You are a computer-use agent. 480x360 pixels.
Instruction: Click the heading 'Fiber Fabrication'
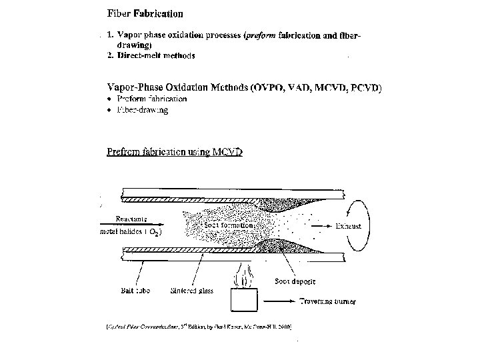(x=145, y=13)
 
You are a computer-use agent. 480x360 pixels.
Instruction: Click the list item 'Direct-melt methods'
(x=155, y=56)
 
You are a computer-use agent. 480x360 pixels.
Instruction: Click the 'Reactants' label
(x=131, y=217)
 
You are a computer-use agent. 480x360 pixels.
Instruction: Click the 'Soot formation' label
(x=229, y=225)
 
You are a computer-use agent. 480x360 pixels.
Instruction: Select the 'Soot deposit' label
(x=294, y=282)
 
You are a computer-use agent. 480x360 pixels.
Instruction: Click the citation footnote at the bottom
(x=199, y=327)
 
